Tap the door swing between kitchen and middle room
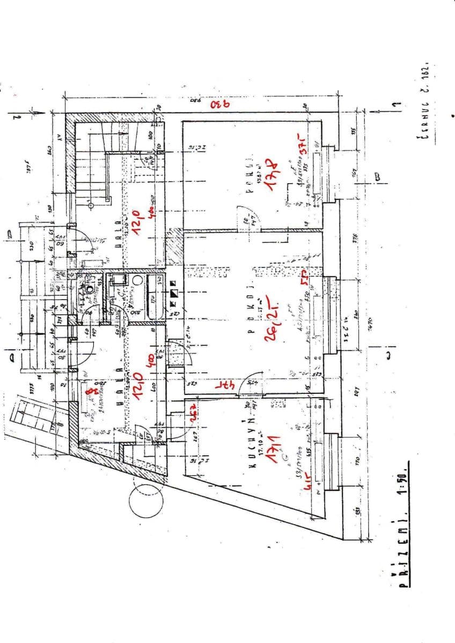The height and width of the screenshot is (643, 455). pos(250,382)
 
